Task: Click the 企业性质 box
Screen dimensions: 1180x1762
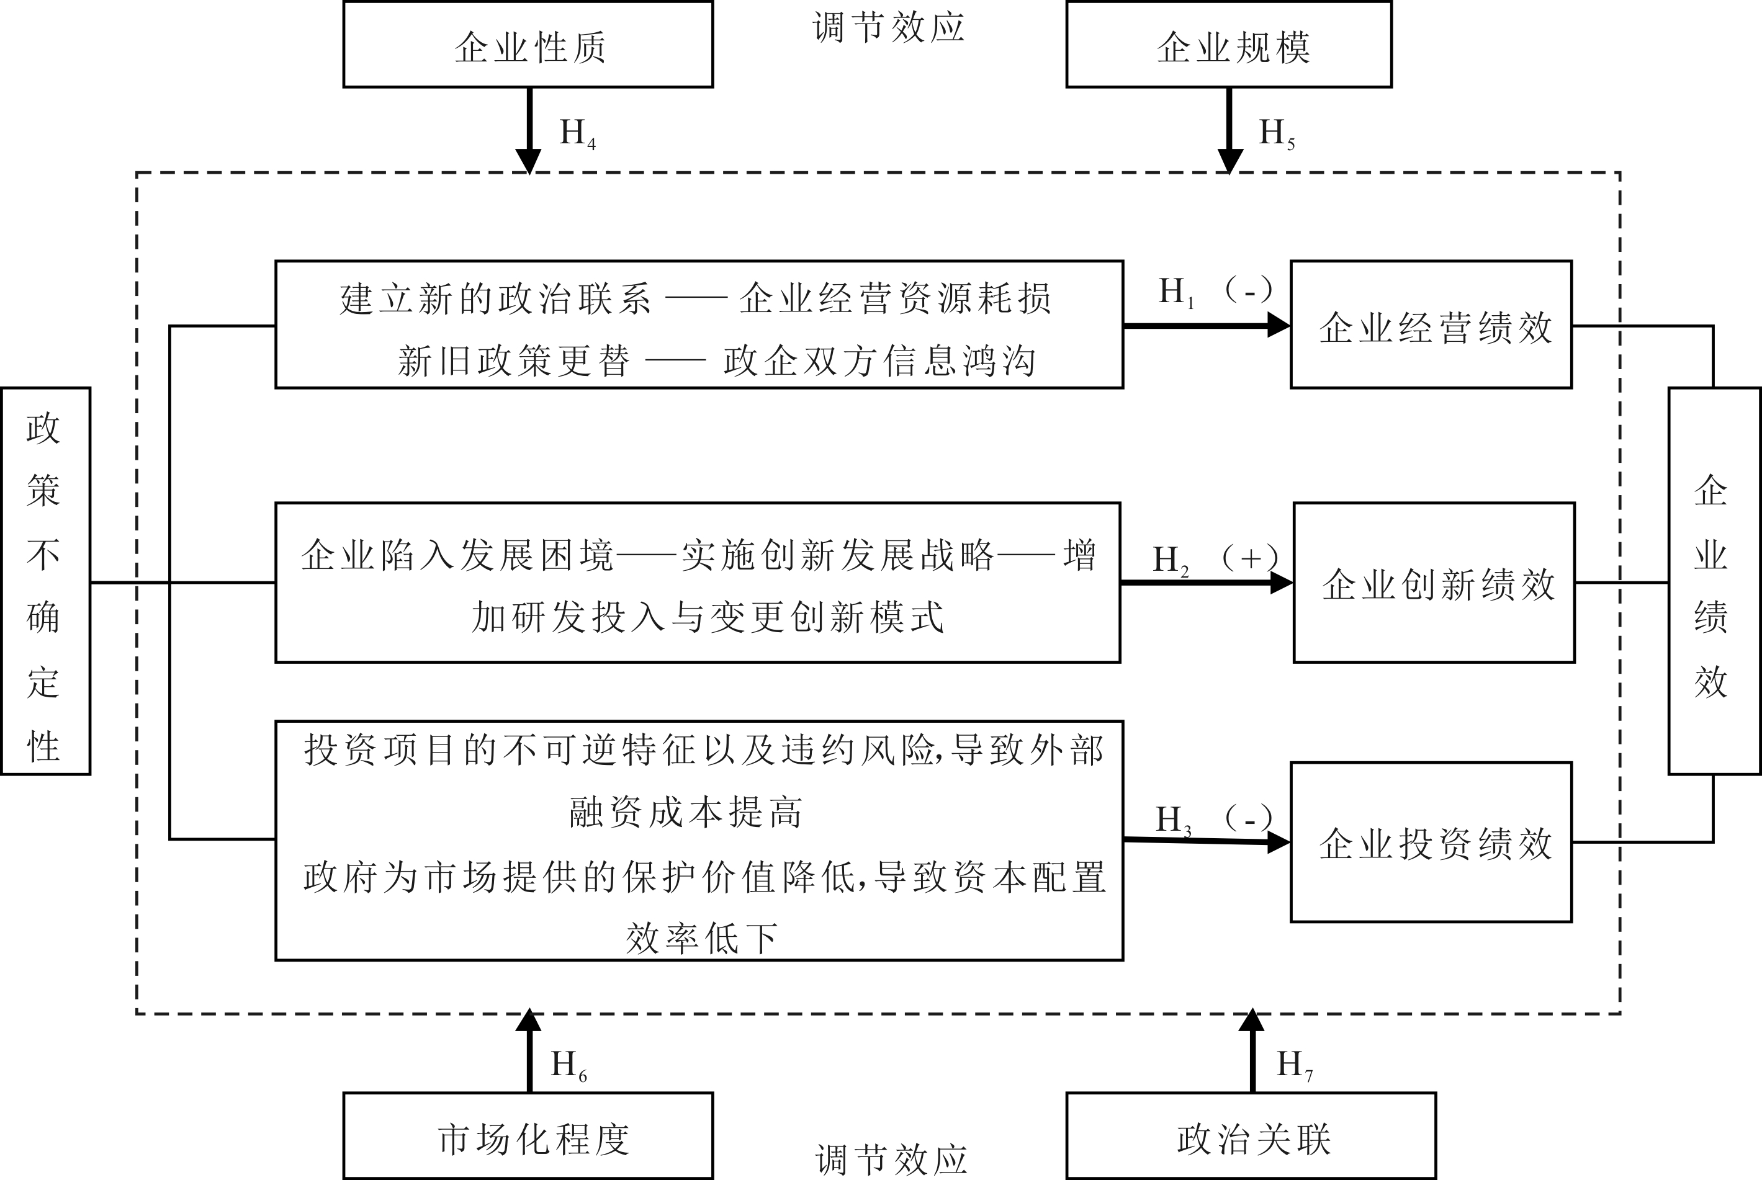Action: pos(528,45)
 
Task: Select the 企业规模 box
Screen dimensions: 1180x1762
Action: pos(1228,45)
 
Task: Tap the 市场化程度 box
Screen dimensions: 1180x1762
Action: pos(528,1137)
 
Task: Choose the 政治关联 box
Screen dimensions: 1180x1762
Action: pos(1251,1137)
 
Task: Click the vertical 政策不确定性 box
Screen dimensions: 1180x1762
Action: pos(45,580)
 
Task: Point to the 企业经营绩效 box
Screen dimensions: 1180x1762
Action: pos(1431,325)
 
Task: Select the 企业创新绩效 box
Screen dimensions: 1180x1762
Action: pos(1434,583)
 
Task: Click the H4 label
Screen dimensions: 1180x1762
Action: pos(577,134)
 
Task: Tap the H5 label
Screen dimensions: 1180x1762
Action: pos(1277,134)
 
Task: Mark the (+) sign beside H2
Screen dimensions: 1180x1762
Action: pos(1249,558)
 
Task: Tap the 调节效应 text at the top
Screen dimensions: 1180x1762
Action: pos(888,28)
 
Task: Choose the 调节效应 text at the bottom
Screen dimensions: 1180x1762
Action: pos(891,1159)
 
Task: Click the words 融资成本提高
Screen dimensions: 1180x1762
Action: pos(686,813)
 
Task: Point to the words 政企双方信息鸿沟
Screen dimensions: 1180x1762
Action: pos(879,361)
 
